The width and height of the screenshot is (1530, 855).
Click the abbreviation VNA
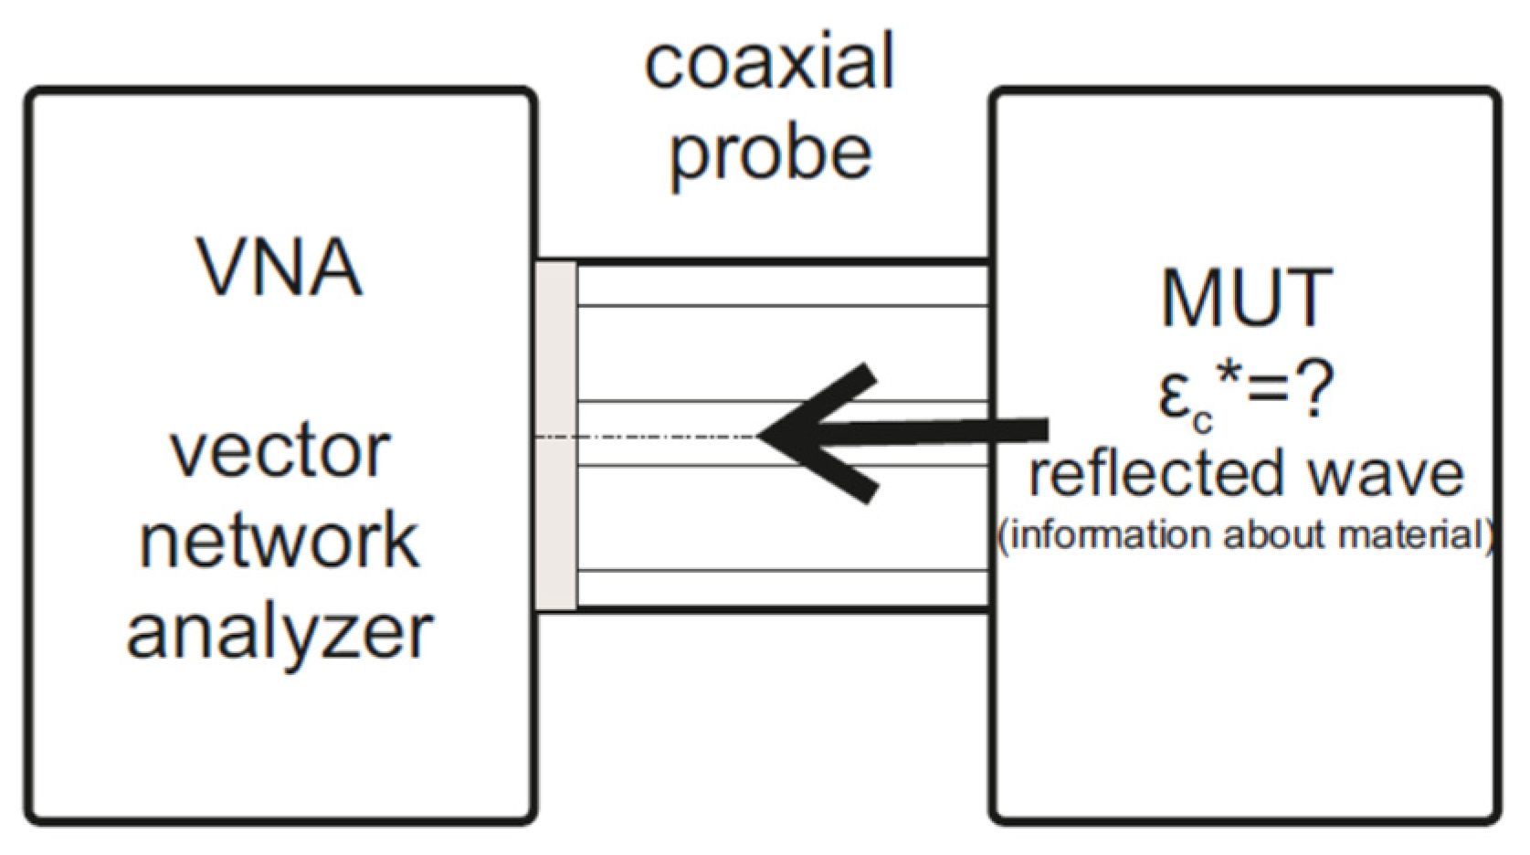pyautogui.click(x=280, y=269)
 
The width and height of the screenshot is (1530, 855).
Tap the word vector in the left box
pyautogui.click(x=280, y=451)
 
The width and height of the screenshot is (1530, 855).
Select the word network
pyautogui.click(x=280, y=541)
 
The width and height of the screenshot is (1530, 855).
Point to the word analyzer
pyautogui.click(x=280, y=632)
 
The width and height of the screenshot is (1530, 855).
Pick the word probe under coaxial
pyautogui.click(x=769, y=153)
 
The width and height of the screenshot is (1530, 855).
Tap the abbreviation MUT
pyautogui.click(x=1246, y=298)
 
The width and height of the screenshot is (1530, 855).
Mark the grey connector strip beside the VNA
pyautogui.click(x=556, y=436)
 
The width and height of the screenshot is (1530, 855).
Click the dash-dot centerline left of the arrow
pyautogui.click(x=649, y=438)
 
